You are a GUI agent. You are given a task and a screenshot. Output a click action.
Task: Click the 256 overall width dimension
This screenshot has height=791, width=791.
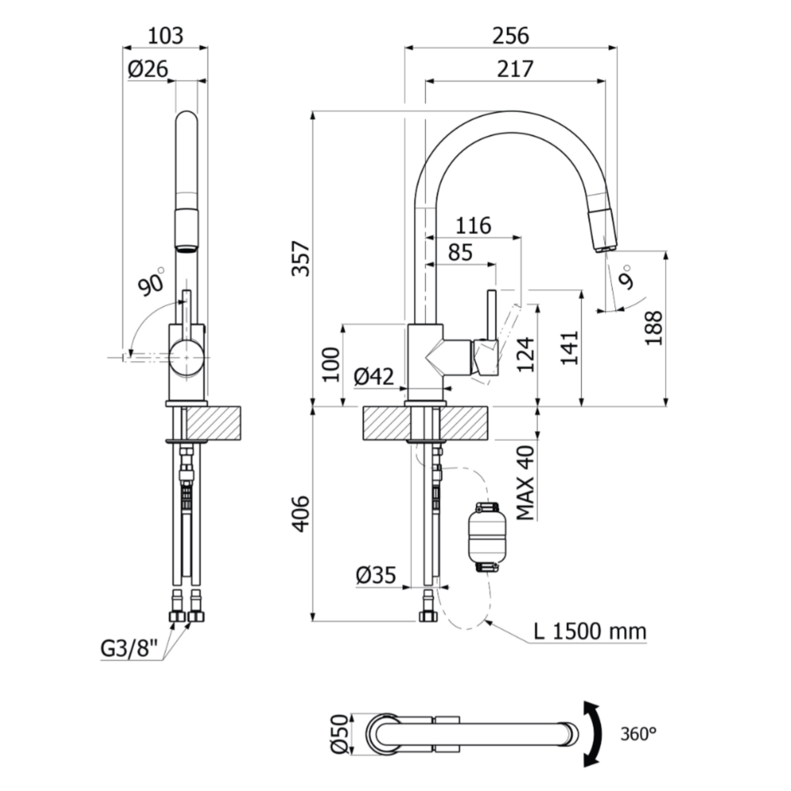tap(511, 36)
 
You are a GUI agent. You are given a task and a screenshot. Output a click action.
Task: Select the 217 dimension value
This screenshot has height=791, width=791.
tap(515, 69)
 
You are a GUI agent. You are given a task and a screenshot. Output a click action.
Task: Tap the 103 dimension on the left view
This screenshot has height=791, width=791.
tap(166, 36)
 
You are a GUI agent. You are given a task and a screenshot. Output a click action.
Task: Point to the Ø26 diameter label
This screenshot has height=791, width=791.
tap(148, 69)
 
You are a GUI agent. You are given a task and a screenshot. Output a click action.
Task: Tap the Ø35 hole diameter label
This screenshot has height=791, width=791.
tap(376, 575)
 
